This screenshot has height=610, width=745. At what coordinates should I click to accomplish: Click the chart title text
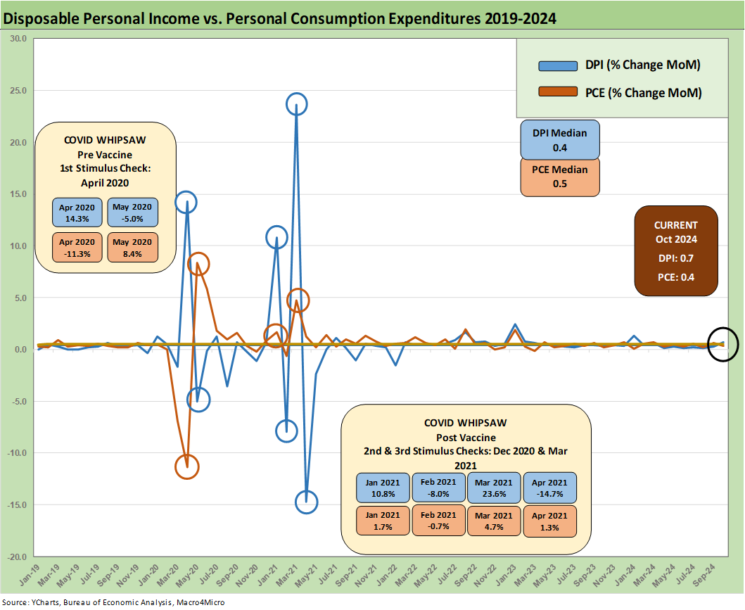pos(280,19)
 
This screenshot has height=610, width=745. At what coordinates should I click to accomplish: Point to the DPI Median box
pos(560,139)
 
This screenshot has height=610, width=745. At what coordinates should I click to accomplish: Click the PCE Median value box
pos(560,177)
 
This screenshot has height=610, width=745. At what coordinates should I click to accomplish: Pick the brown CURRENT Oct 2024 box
pos(675,250)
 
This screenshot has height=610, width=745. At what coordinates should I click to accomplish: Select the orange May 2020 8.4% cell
pos(133,248)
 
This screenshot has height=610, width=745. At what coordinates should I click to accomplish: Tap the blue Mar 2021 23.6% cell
pos(494,489)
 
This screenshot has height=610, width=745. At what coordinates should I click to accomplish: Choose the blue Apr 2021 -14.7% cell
pos(549,489)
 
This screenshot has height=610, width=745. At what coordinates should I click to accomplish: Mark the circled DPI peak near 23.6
pos(297,104)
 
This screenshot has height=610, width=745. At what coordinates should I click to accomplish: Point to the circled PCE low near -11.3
pos(186,466)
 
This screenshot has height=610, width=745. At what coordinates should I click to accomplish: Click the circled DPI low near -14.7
pos(307,502)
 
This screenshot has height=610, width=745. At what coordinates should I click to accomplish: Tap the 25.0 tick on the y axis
pos(16,91)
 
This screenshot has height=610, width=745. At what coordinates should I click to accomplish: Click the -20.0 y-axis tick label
pos(15,557)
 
